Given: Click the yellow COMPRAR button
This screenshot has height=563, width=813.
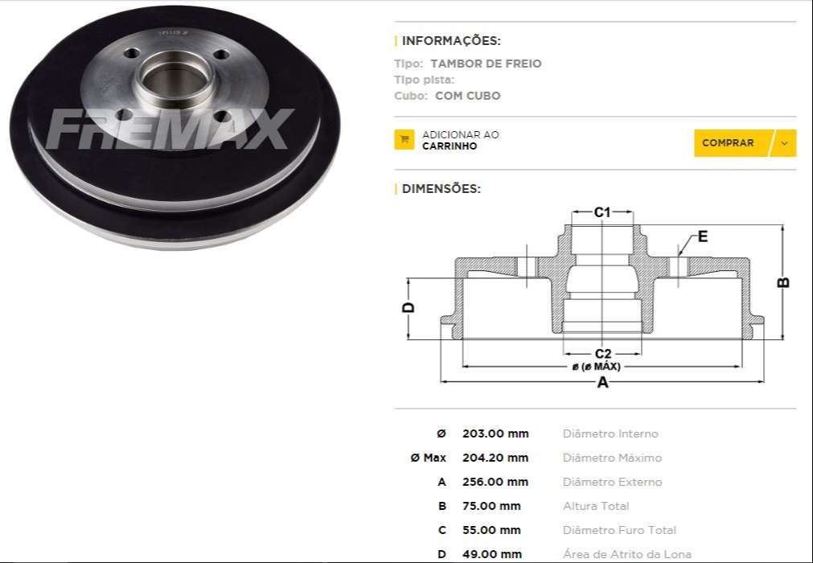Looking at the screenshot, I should [729, 143].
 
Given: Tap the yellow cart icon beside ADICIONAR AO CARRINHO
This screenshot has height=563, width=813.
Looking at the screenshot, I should [404, 140].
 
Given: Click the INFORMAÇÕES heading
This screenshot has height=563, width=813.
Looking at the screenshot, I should [450, 41].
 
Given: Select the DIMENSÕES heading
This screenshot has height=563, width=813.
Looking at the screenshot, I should [441, 189].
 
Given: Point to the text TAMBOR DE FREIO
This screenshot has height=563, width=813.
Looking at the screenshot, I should [486, 64].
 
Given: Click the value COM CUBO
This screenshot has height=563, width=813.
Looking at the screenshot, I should [467, 96].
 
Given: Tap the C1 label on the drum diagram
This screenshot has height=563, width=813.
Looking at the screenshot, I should [602, 212].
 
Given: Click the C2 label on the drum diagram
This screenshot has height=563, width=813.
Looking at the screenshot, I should [602, 354].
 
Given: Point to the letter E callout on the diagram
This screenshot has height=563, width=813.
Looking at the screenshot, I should [702, 236].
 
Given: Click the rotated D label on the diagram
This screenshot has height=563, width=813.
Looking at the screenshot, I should [409, 308].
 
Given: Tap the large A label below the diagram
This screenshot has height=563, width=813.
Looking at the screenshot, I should [602, 384].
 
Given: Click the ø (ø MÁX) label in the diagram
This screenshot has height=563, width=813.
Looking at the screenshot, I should [596, 367].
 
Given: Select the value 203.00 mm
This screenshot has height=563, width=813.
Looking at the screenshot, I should [495, 434].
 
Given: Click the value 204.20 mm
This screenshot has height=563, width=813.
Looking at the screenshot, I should [495, 458].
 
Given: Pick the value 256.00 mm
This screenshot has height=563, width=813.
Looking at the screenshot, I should [495, 482].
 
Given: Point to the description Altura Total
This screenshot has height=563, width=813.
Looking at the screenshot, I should [596, 506].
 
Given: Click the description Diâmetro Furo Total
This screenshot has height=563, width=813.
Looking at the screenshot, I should [619, 530].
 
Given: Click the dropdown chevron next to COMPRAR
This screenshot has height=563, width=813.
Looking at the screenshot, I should [785, 143].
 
